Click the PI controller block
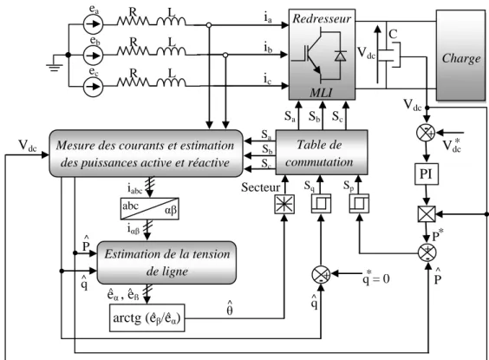pos(427,174)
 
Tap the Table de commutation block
pos(322,153)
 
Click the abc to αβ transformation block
pos(150,209)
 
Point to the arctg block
pos(147,317)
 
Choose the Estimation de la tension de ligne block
pos(166,263)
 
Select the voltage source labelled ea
pos(94,24)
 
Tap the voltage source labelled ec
pos(94,87)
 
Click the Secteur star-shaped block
pos(284,205)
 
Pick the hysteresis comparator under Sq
pos(321,204)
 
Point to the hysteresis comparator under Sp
pos(359,204)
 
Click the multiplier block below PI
pos(427,214)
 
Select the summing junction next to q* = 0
pos(321,275)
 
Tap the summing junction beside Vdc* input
pos(426,133)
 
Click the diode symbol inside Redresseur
pos(340,56)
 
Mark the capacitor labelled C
pos(389,55)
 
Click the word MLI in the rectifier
pos(321,93)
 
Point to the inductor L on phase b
pos(171,50)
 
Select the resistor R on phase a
pos(134,21)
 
